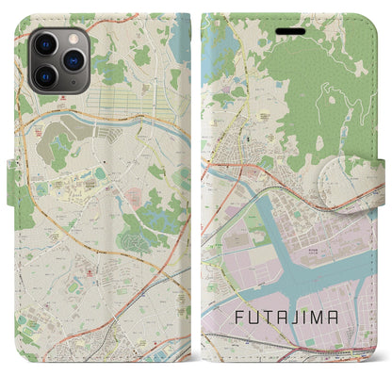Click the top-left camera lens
pyautogui.click(x=45, y=45)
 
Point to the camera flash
pyautogui.click(x=72, y=37)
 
